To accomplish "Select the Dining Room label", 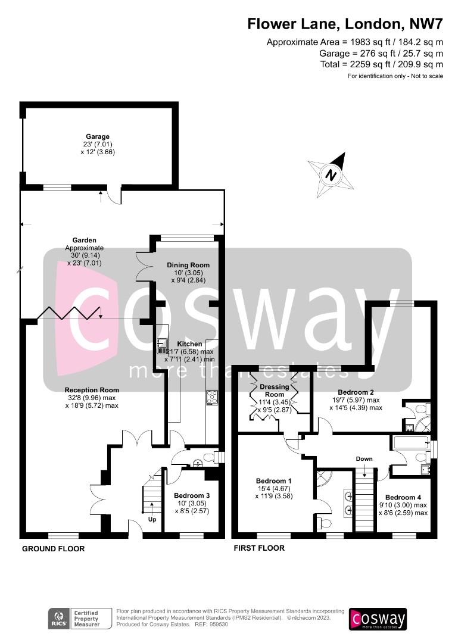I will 188,265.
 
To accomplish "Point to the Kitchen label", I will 189,344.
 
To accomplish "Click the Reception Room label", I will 92,391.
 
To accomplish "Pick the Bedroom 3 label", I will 192,495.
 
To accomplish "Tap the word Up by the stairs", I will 151,520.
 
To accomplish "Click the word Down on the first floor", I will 364,459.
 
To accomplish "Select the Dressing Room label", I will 275,391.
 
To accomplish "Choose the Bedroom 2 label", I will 356,392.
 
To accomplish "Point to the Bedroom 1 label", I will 273,481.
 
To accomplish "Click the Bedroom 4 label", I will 403,497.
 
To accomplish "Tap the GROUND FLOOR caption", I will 54,548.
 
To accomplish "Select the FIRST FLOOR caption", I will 258,548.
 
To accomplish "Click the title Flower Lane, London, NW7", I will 345,24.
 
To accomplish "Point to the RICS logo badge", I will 58,619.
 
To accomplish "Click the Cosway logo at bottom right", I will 378,619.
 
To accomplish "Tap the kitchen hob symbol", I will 211,398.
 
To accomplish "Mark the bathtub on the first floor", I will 411,442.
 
